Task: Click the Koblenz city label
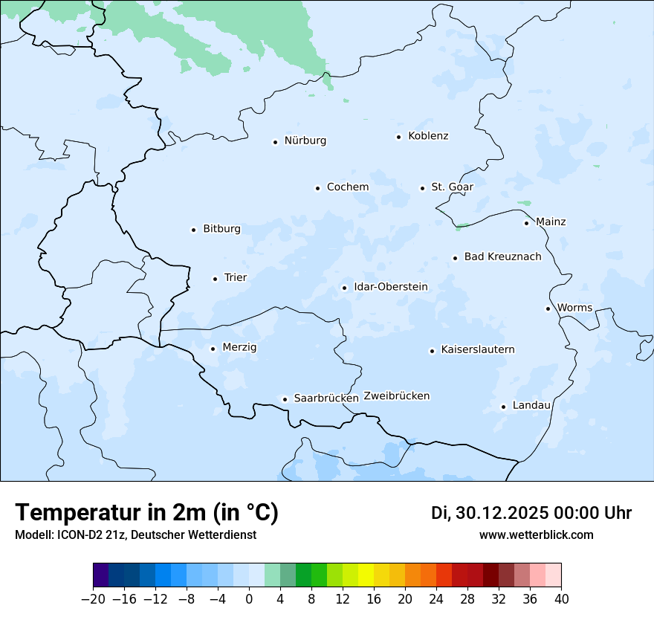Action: click(428, 136)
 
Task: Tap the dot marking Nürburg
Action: click(275, 142)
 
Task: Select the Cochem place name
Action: click(347, 187)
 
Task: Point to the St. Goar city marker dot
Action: click(422, 188)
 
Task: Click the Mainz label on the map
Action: click(551, 222)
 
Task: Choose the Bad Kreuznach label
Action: click(502, 257)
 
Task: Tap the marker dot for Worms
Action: click(548, 308)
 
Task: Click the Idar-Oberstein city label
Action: click(390, 287)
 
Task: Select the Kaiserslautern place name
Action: click(477, 350)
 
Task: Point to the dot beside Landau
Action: click(503, 407)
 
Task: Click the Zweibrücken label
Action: click(396, 396)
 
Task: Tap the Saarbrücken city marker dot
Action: click(285, 399)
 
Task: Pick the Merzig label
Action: click(239, 348)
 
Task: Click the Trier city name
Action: click(235, 278)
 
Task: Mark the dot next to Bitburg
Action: click(193, 230)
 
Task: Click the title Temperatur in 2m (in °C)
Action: click(146, 513)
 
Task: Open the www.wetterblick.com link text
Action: click(536, 535)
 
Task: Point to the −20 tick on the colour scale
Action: click(94, 599)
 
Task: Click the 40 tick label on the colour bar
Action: click(561, 599)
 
